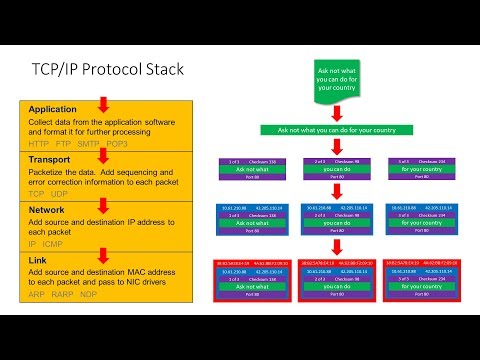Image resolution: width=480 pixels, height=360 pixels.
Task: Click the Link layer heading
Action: point(39,259)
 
